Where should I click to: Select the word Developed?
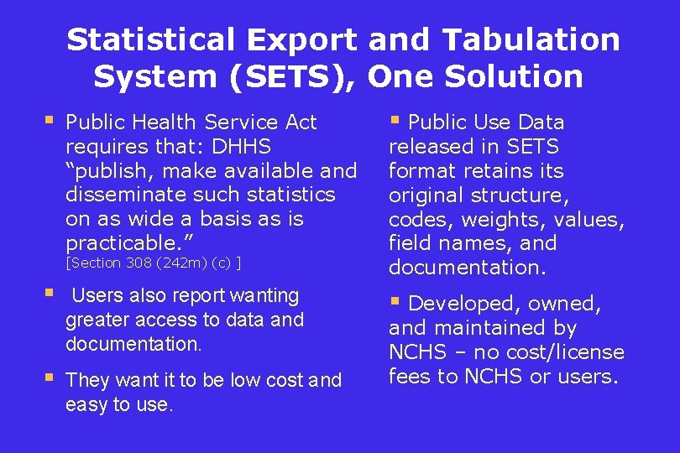[x=458, y=304]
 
